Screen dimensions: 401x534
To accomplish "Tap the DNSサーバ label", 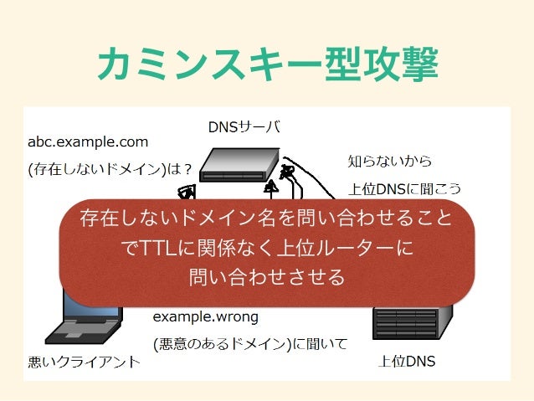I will click(x=244, y=127).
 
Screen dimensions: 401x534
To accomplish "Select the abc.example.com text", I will click(x=88, y=142).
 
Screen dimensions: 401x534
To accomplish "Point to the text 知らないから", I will click(x=390, y=160).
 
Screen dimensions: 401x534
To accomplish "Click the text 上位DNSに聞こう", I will click(x=404, y=188).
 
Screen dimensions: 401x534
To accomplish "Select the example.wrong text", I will click(x=205, y=317).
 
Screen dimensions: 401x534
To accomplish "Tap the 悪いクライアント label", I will click(x=84, y=362).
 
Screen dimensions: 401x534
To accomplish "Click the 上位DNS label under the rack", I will click(x=407, y=362).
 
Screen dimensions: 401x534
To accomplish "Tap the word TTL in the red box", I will click(x=157, y=249).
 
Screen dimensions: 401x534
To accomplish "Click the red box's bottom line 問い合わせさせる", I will click(x=266, y=276).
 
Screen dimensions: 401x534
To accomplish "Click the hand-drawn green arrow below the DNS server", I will click(x=273, y=188).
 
